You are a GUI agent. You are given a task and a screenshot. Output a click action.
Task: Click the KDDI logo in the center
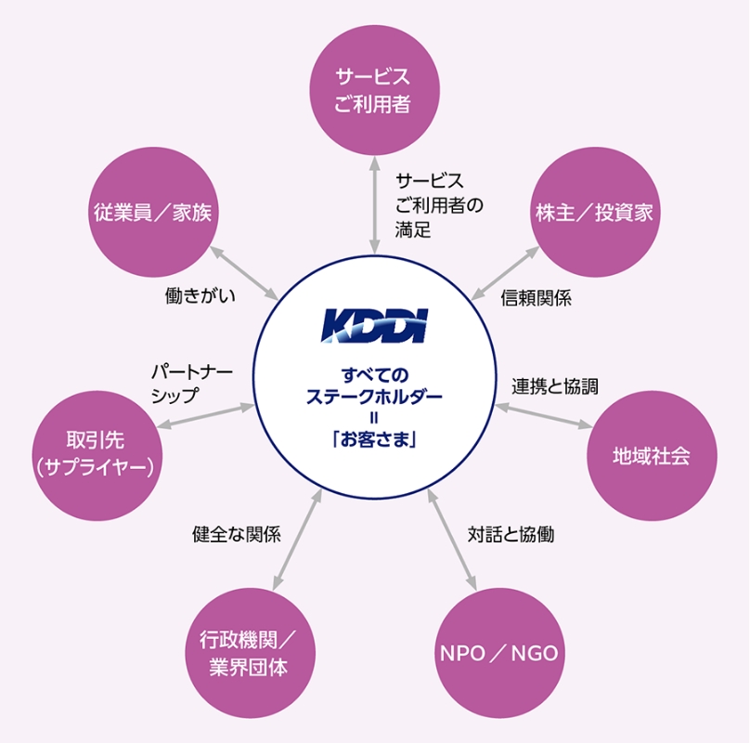click(373, 326)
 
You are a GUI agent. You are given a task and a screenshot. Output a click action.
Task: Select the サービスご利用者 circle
click(373, 89)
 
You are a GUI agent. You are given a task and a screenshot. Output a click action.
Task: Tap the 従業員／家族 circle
click(152, 212)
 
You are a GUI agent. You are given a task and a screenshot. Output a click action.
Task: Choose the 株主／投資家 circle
click(594, 212)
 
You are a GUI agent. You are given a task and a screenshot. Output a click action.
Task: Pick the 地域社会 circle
click(652, 456)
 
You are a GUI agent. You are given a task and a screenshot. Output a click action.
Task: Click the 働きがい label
click(200, 296)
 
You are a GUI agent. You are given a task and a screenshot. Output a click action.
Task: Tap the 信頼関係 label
click(536, 298)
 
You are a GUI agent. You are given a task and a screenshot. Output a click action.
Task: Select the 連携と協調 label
click(555, 386)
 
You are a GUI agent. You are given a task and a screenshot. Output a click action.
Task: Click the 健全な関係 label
click(237, 535)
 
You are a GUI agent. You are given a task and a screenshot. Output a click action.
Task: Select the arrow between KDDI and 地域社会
click(542, 416)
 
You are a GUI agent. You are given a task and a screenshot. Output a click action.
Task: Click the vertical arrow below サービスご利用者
click(373, 207)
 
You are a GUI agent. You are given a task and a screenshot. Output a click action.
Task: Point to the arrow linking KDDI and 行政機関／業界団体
click(297, 539)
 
